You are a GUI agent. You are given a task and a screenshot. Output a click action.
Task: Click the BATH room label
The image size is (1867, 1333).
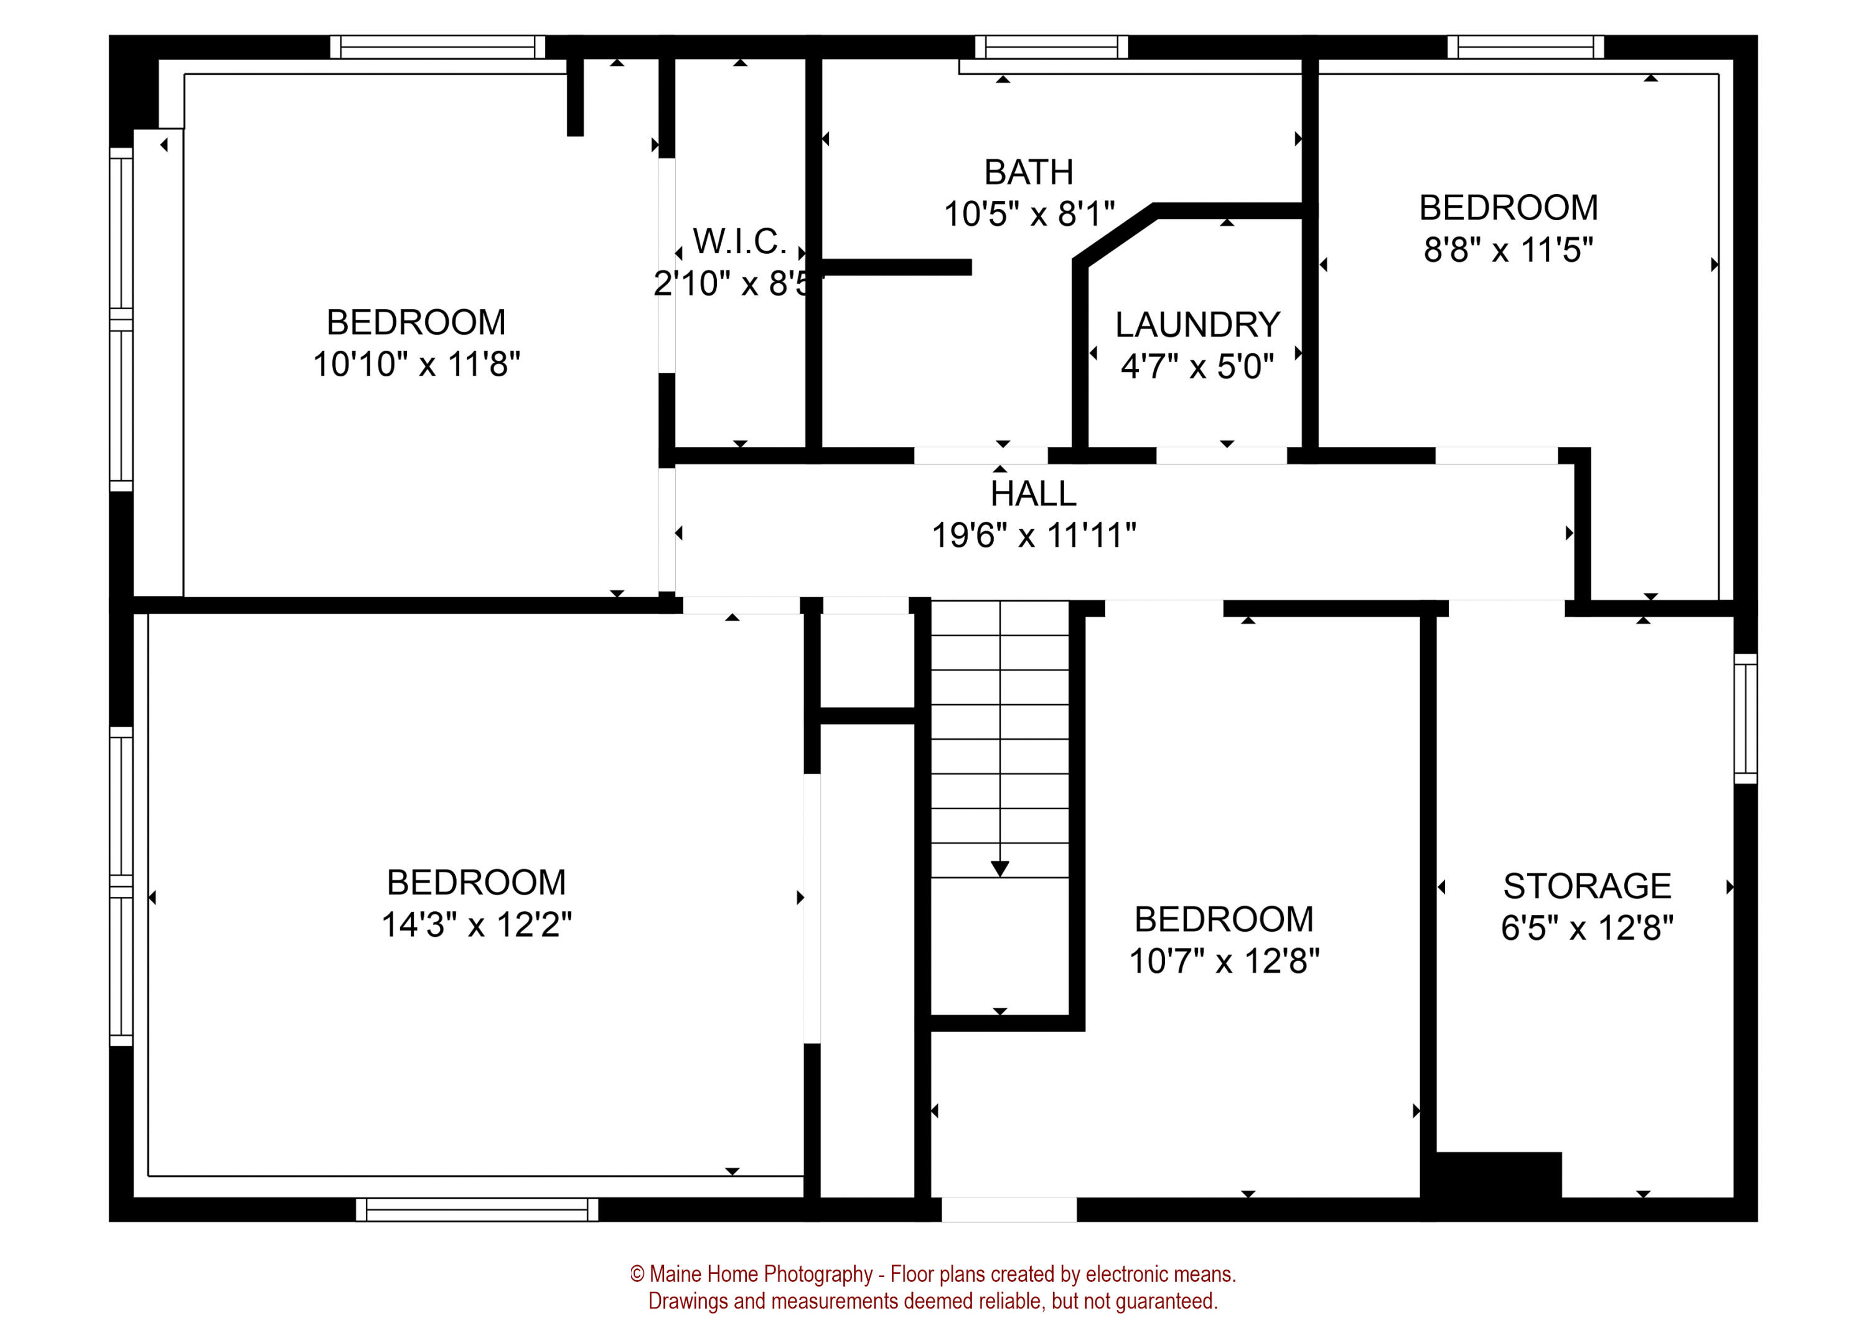(1028, 173)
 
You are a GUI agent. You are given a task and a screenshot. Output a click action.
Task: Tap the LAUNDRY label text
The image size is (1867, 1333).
(1197, 325)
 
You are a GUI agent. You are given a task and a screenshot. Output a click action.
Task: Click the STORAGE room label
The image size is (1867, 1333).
(1586, 886)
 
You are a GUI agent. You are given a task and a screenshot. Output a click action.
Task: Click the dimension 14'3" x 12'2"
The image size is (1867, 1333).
(476, 925)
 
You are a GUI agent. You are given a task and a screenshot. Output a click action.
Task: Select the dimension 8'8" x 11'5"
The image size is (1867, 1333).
(1507, 250)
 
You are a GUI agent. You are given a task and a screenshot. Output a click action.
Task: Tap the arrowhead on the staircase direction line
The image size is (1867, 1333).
(999, 868)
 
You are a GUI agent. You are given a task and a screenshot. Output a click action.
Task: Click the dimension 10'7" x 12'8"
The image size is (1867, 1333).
(1224, 961)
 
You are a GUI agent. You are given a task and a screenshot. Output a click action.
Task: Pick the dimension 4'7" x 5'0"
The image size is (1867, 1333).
(1197, 367)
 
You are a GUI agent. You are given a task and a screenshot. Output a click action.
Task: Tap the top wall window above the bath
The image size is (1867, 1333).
(1051, 47)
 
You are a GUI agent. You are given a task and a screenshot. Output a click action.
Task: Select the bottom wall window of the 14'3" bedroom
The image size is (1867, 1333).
(476, 1209)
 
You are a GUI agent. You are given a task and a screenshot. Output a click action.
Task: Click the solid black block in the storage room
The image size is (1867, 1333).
(1496, 1176)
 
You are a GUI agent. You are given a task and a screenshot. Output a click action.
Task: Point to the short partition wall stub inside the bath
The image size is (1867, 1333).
(897, 267)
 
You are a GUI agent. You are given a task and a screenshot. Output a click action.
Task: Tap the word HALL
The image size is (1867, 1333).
(1033, 494)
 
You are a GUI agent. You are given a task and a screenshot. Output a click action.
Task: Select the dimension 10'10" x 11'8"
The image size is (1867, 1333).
(416, 365)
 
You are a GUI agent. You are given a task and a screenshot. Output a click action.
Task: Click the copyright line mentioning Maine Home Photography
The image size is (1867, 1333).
(933, 1274)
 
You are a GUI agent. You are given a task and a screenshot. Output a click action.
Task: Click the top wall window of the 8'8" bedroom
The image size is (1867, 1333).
(1525, 47)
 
